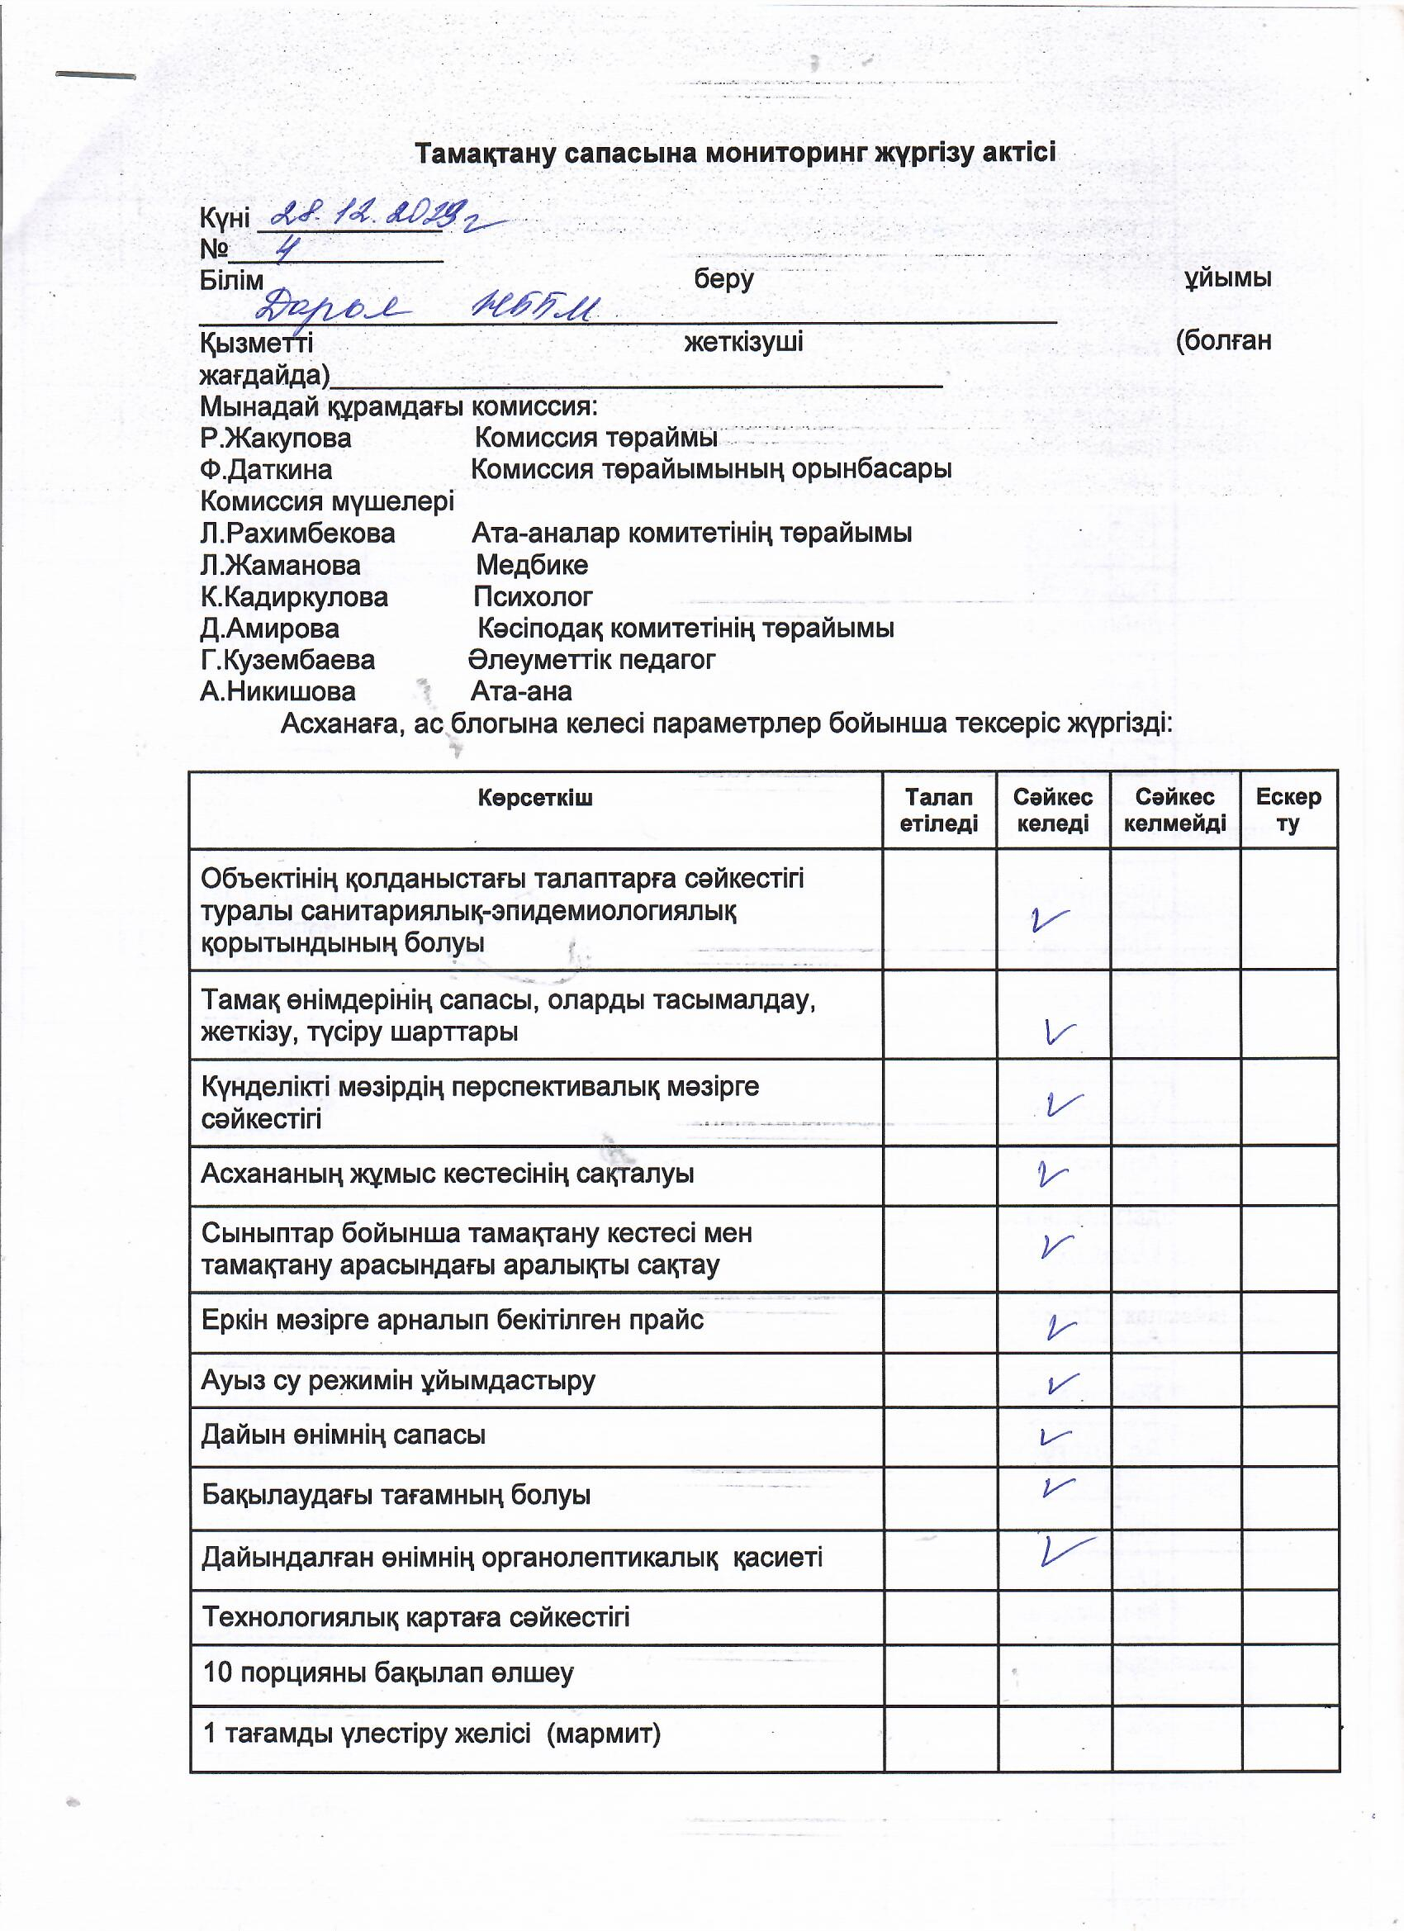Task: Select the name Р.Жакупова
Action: point(276,439)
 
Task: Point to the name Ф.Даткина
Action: point(267,470)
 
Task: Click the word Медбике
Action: point(531,565)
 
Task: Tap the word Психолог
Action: point(532,597)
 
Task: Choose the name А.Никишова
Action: point(277,691)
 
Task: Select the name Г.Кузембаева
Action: point(287,660)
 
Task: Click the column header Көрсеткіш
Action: point(534,799)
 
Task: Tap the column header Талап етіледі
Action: point(938,809)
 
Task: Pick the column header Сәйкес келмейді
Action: point(1174,809)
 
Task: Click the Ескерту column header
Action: point(1288,809)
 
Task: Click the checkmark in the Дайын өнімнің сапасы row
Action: point(1054,1436)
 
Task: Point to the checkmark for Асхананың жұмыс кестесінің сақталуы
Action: point(1052,1175)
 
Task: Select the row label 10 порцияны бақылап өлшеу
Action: point(388,1673)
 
